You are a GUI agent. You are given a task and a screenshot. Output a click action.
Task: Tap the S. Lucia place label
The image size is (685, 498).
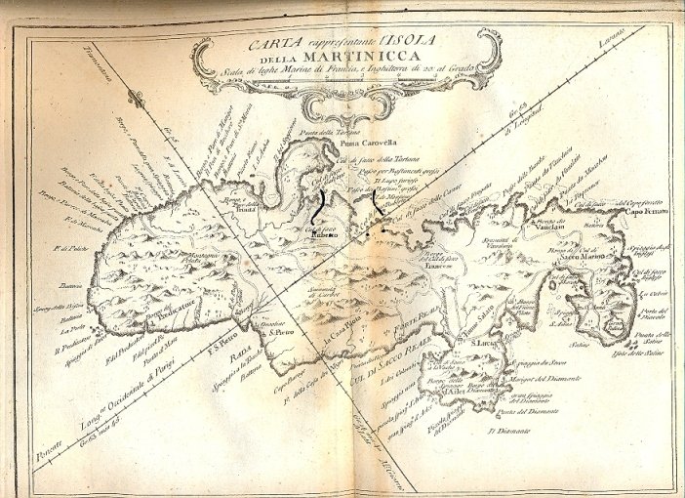[x=488, y=343]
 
